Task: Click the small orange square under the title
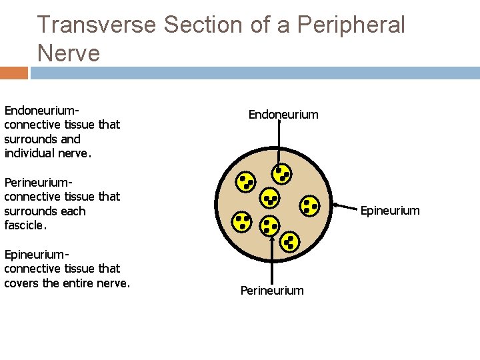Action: pyautogui.click(x=13, y=73)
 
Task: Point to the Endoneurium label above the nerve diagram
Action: pyautogui.click(x=283, y=115)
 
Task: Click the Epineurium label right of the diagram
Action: pyautogui.click(x=390, y=211)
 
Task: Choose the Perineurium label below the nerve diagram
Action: pyautogui.click(x=272, y=291)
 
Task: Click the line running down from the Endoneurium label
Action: pyautogui.click(x=279, y=143)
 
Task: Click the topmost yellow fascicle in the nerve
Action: pyautogui.click(x=282, y=174)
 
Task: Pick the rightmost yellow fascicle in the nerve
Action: pyautogui.click(x=310, y=205)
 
